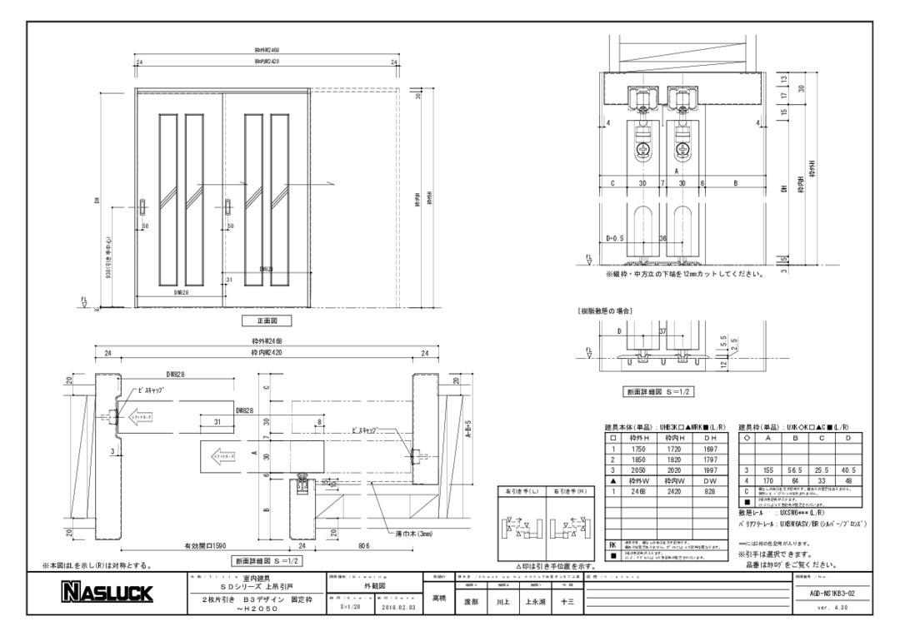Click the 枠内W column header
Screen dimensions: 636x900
point(675,481)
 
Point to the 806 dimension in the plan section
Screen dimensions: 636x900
point(363,546)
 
